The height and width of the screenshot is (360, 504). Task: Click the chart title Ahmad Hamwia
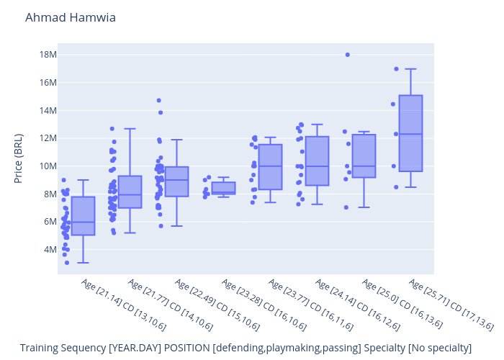[x=70, y=17]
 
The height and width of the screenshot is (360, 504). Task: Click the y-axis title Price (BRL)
[x=19, y=158]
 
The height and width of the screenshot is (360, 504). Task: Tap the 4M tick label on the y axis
[x=49, y=250]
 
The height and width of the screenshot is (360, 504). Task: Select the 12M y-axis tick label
[x=47, y=138]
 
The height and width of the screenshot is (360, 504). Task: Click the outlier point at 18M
[x=348, y=55]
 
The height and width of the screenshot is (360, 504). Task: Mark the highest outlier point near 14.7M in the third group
[x=159, y=100]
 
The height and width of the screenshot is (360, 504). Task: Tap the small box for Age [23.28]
[x=223, y=188]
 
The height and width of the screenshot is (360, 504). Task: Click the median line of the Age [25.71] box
[x=410, y=134]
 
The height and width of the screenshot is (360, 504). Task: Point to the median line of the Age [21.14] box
[x=83, y=222]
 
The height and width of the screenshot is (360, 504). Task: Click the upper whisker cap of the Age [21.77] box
[x=130, y=129]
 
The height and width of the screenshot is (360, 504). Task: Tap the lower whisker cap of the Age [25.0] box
[x=364, y=207]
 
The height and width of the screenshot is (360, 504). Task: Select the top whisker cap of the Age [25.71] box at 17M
[x=410, y=69]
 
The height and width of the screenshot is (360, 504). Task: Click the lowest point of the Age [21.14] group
[x=67, y=263]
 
